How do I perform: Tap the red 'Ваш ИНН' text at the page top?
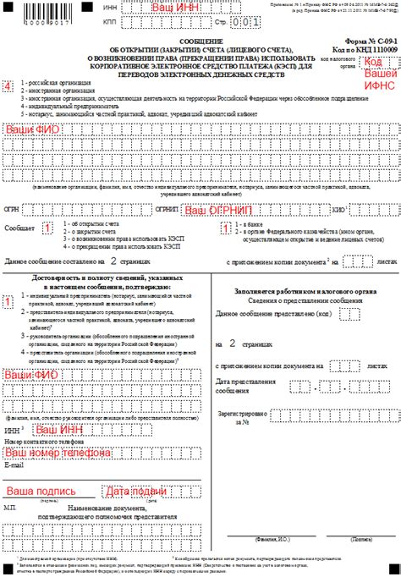179,7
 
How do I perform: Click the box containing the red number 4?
8,87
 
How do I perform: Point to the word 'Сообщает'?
19,228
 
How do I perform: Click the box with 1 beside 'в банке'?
226,227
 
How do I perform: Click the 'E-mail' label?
15,464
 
